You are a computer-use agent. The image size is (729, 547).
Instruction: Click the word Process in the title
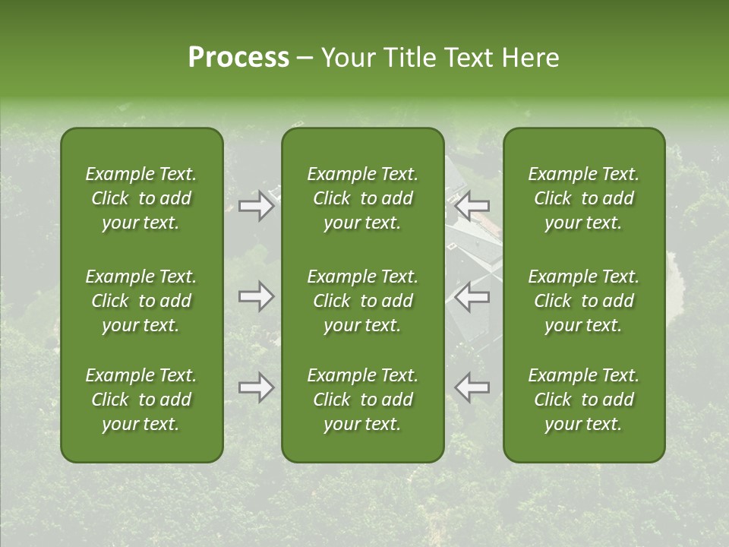[x=238, y=58]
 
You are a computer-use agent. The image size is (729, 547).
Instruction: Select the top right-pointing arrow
[x=256, y=206]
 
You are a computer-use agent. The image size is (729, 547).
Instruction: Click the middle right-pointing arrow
[x=256, y=297]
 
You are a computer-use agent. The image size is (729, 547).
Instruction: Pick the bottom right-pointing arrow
[x=256, y=388]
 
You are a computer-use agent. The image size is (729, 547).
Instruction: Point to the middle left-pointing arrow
[x=472, y=297]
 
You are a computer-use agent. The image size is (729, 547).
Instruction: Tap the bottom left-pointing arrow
[x=472, y=388]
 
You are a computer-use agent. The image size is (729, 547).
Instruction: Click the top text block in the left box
[x=141, y=198]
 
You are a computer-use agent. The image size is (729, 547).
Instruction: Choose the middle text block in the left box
[x=141, y=301]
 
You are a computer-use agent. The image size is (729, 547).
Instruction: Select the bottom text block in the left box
[x=141, y=400]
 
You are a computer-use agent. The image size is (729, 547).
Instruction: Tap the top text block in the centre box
[x=363, y=198]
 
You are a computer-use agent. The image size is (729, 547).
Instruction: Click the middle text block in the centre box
[x=363, y=301]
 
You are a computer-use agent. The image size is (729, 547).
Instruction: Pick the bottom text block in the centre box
[x=363, y=400]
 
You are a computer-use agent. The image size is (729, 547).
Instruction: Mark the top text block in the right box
[x=584, y=198]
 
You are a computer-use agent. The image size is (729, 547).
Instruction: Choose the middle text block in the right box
[x=584, y=301]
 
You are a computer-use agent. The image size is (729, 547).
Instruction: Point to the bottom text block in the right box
[x=584, y=400]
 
